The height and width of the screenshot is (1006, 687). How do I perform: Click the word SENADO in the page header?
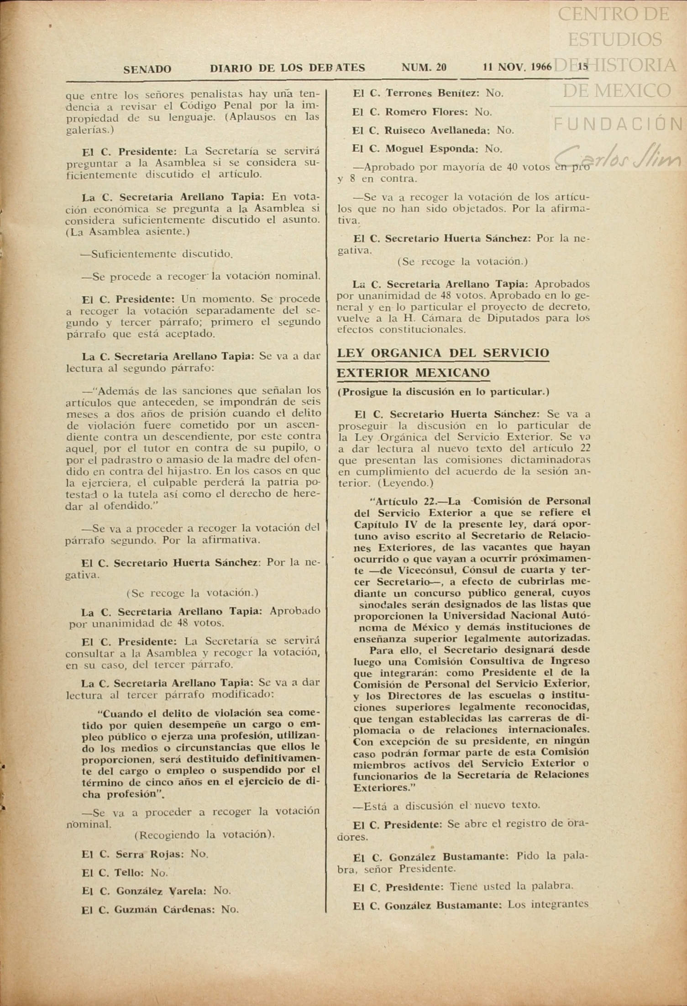pyautogui.click(x=147, y=69)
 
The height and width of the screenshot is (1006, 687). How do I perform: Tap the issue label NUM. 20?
pyautogui.click(x=424, y=68)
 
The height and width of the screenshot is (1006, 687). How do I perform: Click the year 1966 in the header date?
pyautogui.click(x=541, y=68)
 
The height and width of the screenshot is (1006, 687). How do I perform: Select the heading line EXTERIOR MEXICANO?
pyautogui.click(x=413, y=373)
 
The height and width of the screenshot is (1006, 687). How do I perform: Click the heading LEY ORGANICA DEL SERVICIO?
pyautogui.click(x=443, y=353)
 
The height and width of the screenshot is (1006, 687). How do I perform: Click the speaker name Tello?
pyautogui.click(x=129, y=873)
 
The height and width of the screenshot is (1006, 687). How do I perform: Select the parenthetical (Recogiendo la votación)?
pyautogui.click(x=205, y=835)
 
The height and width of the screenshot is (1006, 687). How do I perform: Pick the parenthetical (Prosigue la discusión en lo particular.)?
pyautogui.click(x=443, y=392)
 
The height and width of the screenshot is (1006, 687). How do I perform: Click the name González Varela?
pyautogui.click(x=161, y=891)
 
